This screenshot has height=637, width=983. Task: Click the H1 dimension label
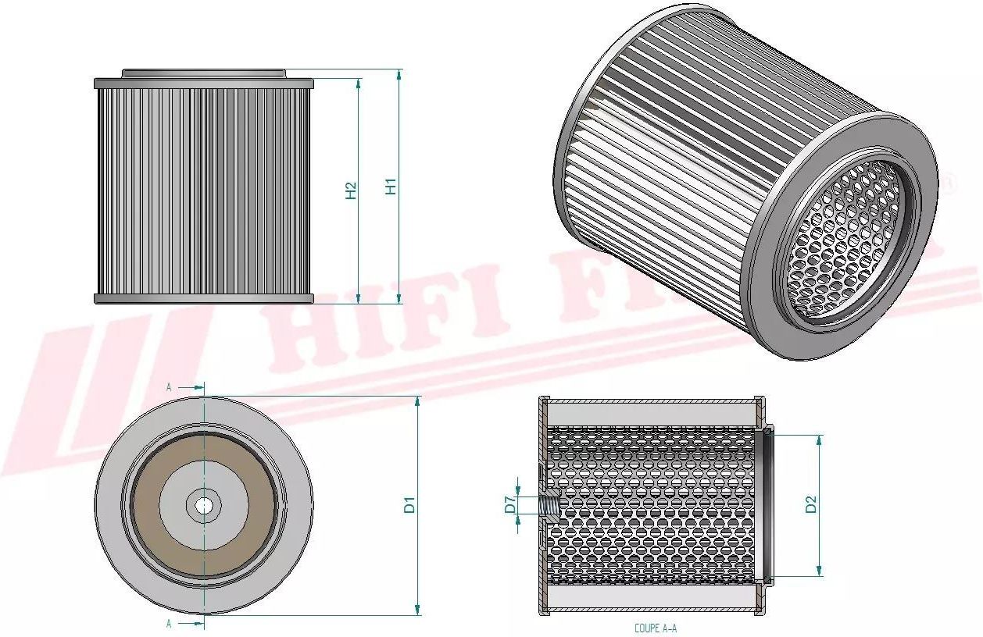point(392,187)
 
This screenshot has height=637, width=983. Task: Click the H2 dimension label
point(352,190)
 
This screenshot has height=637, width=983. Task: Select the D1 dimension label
point(409,504)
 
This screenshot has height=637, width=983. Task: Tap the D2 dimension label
point(811,504)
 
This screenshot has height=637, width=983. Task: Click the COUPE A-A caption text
point(656,628)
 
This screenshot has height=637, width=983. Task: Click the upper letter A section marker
point(169,386)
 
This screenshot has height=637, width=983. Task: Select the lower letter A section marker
point(169,623)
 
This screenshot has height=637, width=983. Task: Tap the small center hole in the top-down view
point(204,505)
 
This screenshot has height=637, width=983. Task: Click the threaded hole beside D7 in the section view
point(548,505)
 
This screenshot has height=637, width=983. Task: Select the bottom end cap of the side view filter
point(203,299)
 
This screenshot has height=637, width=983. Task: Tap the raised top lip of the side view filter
point(203,73)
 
